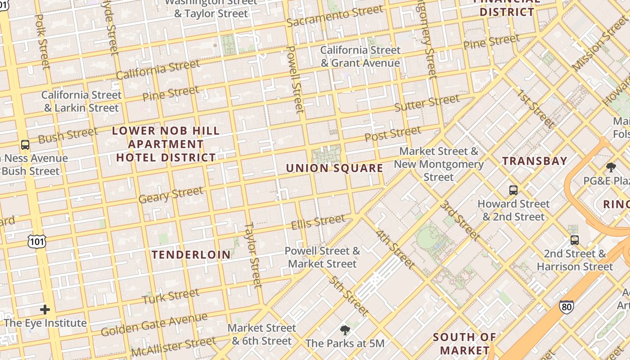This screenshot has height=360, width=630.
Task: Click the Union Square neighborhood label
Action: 335,168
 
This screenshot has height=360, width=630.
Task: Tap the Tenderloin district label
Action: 191,255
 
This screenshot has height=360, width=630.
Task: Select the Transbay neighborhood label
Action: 535,161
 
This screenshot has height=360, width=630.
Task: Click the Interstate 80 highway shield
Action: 567,307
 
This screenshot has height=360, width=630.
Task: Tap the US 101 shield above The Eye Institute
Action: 36,242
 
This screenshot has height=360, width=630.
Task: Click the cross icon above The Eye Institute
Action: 45,310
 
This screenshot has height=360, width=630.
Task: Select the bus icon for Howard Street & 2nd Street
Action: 513,190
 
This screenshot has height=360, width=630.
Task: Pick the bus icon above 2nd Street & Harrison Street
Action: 575,240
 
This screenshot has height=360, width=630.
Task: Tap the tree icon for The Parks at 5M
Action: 345,330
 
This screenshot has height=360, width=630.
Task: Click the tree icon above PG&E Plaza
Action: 611,167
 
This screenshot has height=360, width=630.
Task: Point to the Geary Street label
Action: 171,195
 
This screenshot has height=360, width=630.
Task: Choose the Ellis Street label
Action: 318,222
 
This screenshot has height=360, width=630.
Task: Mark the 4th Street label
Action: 395,250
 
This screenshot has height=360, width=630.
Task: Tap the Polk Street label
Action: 42,41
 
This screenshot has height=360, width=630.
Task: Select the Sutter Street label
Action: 427,103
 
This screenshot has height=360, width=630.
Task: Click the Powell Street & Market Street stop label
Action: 323,257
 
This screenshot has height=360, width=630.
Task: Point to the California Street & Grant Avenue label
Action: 360,57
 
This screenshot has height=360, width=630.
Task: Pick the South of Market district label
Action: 464,343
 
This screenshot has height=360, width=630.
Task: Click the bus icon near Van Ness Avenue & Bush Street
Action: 25,145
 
